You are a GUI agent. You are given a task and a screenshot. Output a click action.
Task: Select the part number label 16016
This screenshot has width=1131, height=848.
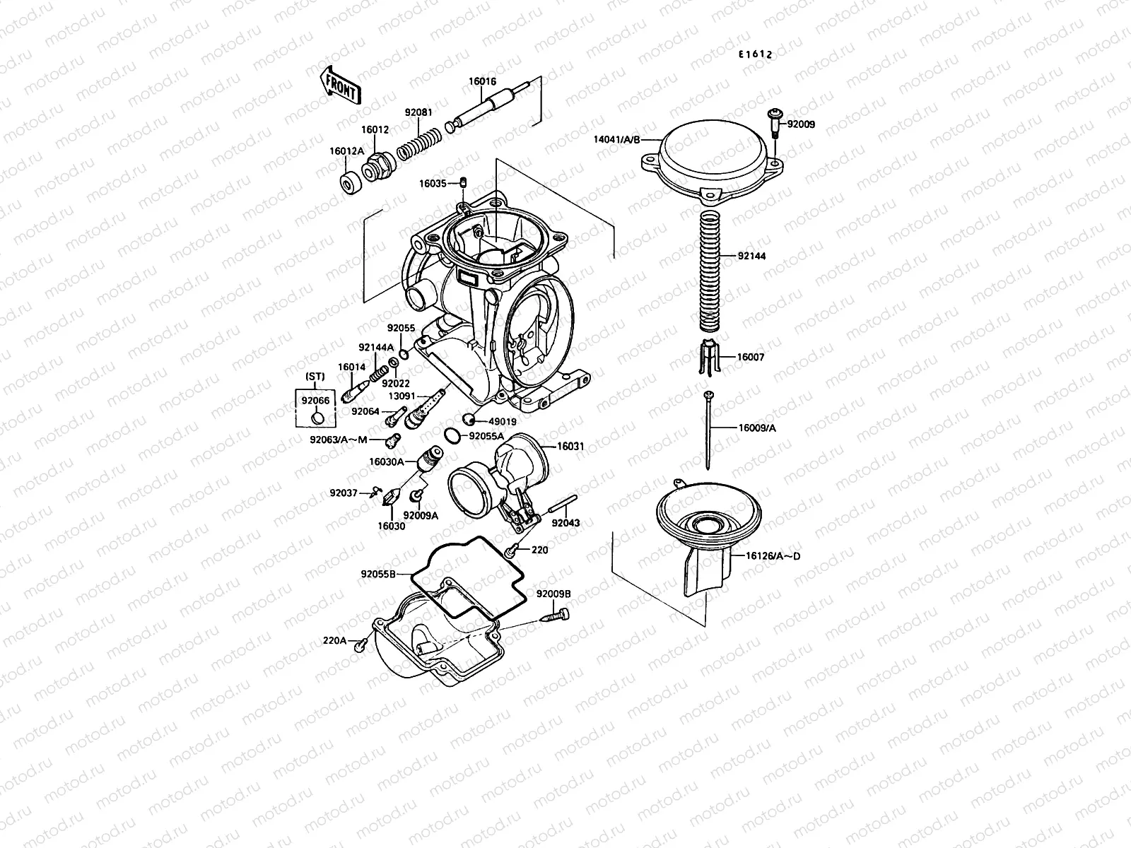coord(482,82)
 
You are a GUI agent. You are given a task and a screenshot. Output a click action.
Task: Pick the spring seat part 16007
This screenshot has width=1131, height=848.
coord(708,357)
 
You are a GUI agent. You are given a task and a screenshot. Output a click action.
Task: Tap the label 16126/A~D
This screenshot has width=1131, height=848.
coord(772,556)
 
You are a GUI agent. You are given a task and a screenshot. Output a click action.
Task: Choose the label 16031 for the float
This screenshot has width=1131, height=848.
coord(570,446)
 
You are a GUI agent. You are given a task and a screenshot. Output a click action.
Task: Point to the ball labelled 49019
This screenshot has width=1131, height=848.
coord(467,418)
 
